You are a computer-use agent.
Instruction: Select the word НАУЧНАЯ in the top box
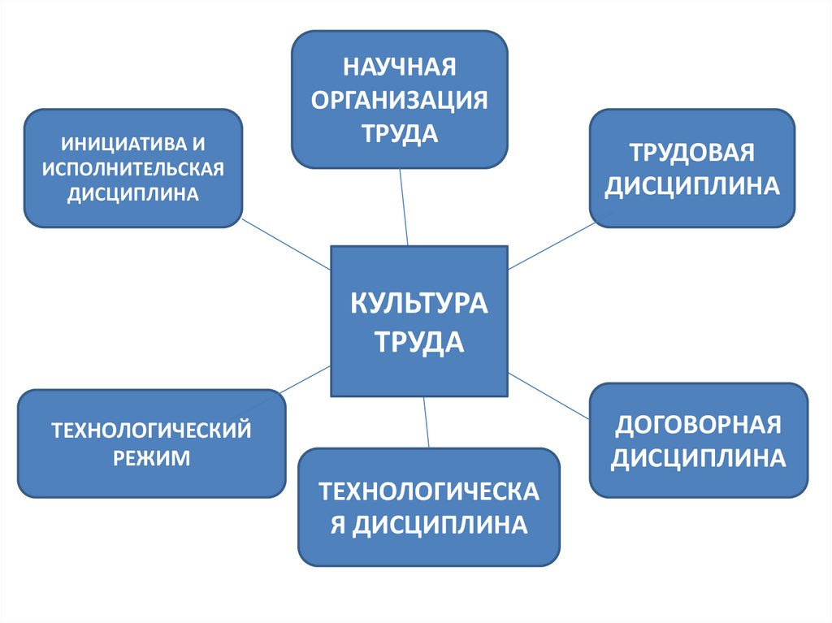pyautogui.click(x=400, y=65)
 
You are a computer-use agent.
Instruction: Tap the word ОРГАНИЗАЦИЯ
pyautogui.click(x=400, y=99)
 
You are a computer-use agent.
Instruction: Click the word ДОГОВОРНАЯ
pyautogui.click(x=698, y=424)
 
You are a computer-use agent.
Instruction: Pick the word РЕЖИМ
pyautogui.click(x=151, y=458)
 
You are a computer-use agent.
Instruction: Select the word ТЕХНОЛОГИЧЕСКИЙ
pyautogui.click(x=151, y=428)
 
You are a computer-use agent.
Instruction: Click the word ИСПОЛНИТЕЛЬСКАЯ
pyautogui.click(x=132, y=169)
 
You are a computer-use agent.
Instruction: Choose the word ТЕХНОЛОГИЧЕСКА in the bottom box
pyautogui.click(x=428, y=491)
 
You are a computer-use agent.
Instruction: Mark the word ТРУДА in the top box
pyautogui.click(x=400, y=133)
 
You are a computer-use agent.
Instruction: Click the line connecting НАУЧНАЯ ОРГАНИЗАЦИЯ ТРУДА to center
pyautogui.click(x=404, y=206)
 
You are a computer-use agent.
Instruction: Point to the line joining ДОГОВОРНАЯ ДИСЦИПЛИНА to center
pyautogui.click(x=548, y=396)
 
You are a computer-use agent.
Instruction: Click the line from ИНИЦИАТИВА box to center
pyautogui.click(x=286, y=245)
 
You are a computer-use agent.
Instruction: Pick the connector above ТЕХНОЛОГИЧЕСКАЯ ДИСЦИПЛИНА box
pyautogui.click(x=426, y=422)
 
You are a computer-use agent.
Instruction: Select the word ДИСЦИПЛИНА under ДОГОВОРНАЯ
pyautogui.click(x=698, y=458)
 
